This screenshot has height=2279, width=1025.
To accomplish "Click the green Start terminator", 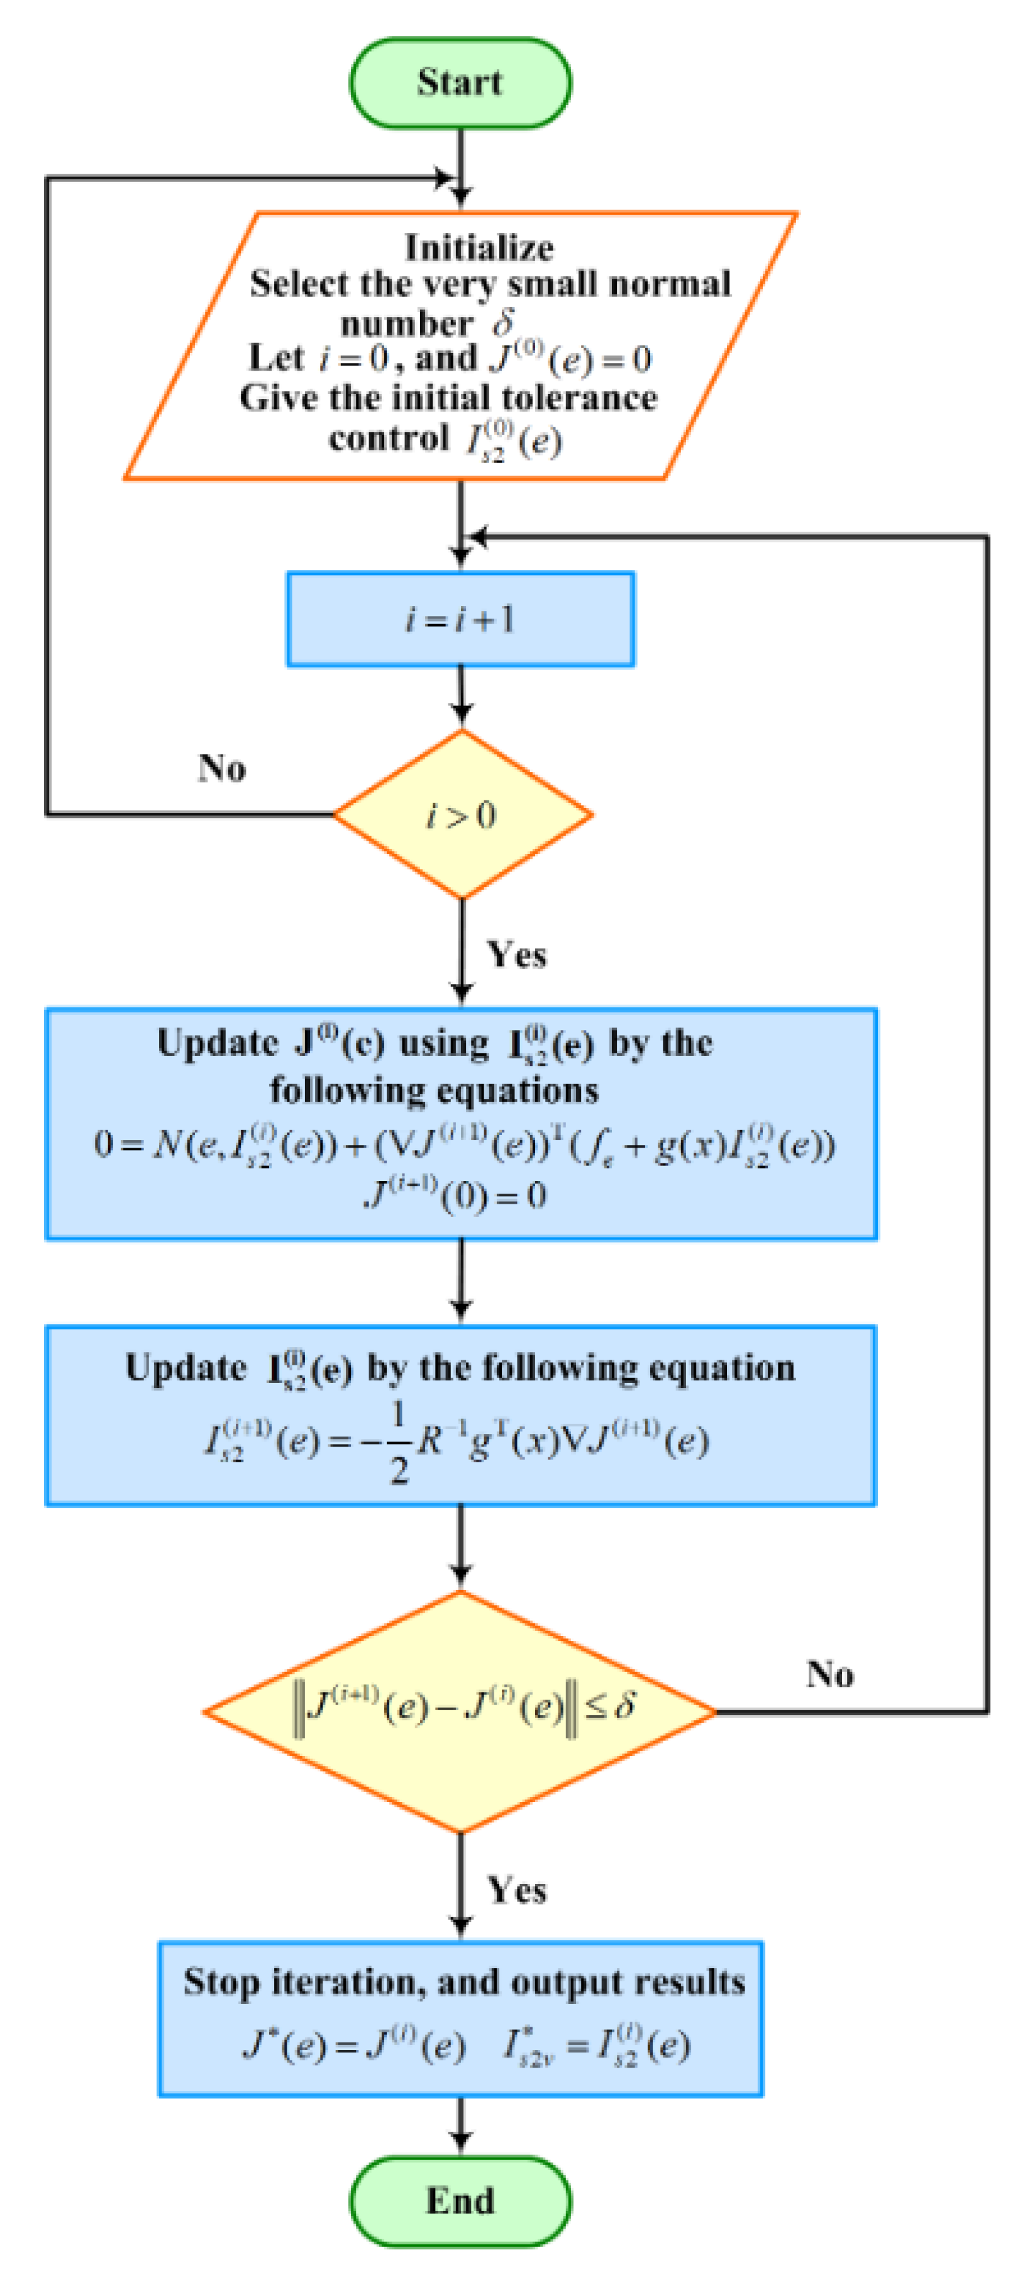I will tap(460, 82).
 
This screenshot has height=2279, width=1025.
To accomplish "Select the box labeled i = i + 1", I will tap(460, 619).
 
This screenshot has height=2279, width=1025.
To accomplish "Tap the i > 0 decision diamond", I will tap(461, 814).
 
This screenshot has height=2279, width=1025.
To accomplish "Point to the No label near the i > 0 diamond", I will tap(221, 768).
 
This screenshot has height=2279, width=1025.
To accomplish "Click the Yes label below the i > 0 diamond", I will tap(516, 955).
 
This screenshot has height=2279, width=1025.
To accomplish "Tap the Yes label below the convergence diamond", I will tap(516, 1890).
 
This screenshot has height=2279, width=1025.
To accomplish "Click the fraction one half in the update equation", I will tap(399, 1442).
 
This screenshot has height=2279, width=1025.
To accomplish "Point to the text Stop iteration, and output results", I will tap(463, 1982).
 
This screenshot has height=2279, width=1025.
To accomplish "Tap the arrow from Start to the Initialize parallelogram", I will tap(460, 168).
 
